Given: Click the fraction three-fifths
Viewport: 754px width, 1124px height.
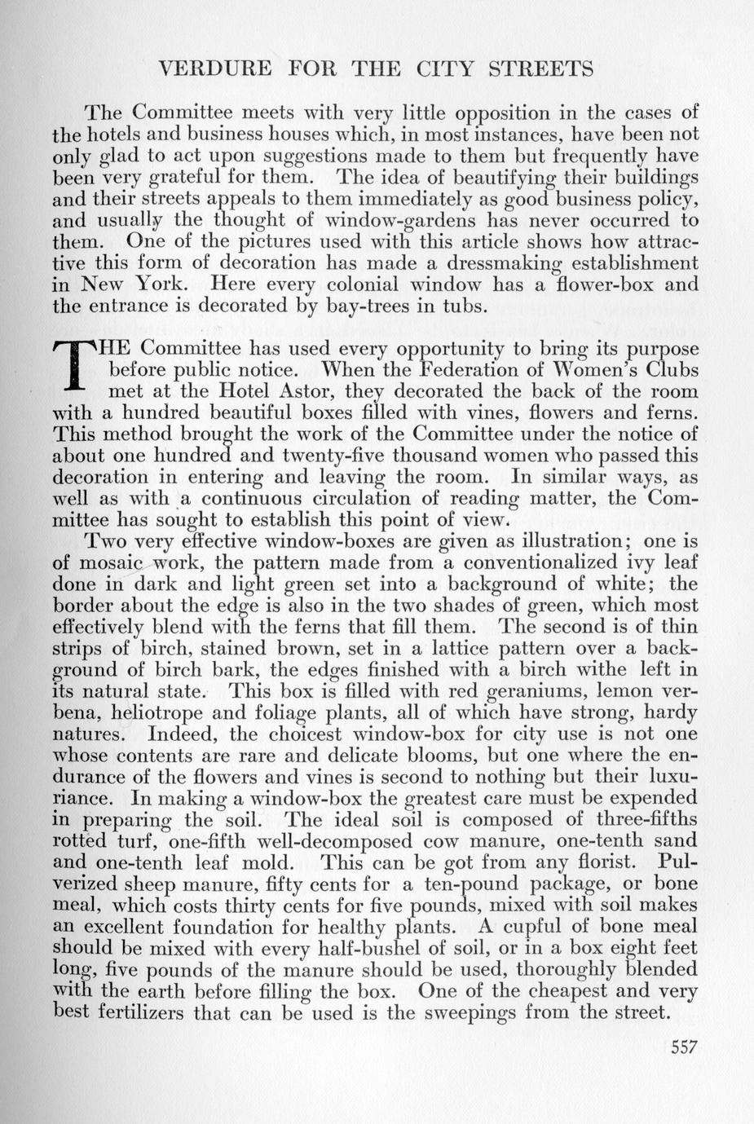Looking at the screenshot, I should pos(646,819).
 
